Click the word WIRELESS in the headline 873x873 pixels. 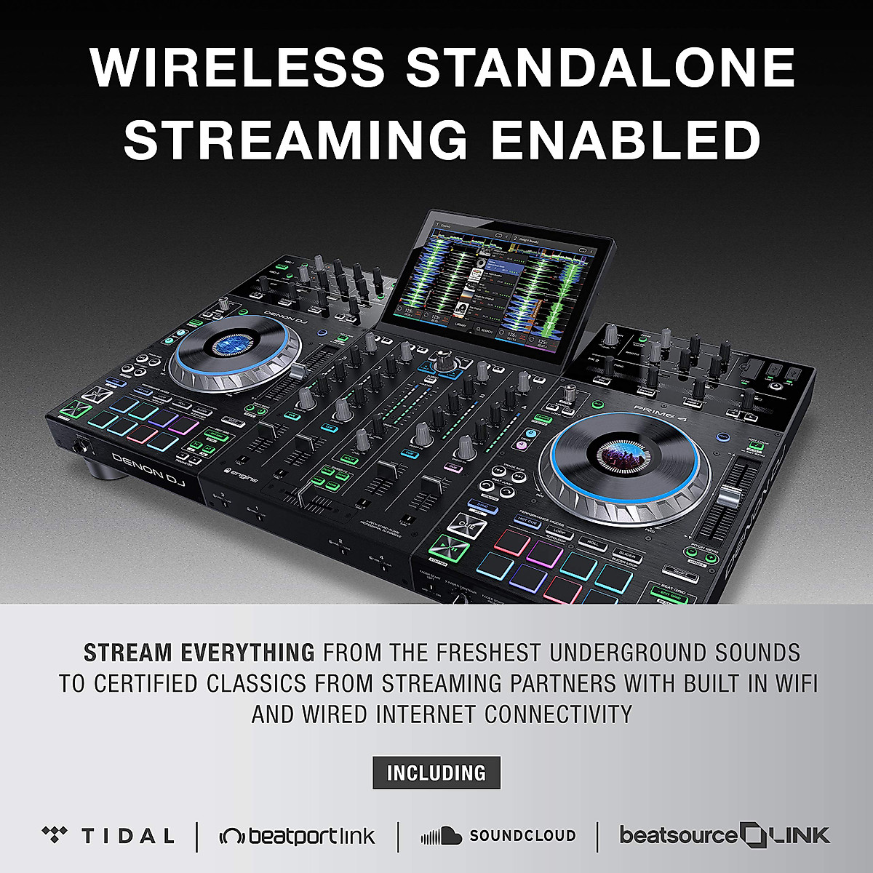pos(237,68)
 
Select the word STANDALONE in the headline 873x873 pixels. pos(600,68)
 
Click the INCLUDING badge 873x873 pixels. pos(436,773)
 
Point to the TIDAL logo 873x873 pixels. pos(108,835)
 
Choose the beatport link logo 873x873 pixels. pos(298,836)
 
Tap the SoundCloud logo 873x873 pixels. pos(498,836)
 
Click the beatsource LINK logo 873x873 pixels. pos(724,834)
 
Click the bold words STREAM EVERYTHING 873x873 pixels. pos(199,653)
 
